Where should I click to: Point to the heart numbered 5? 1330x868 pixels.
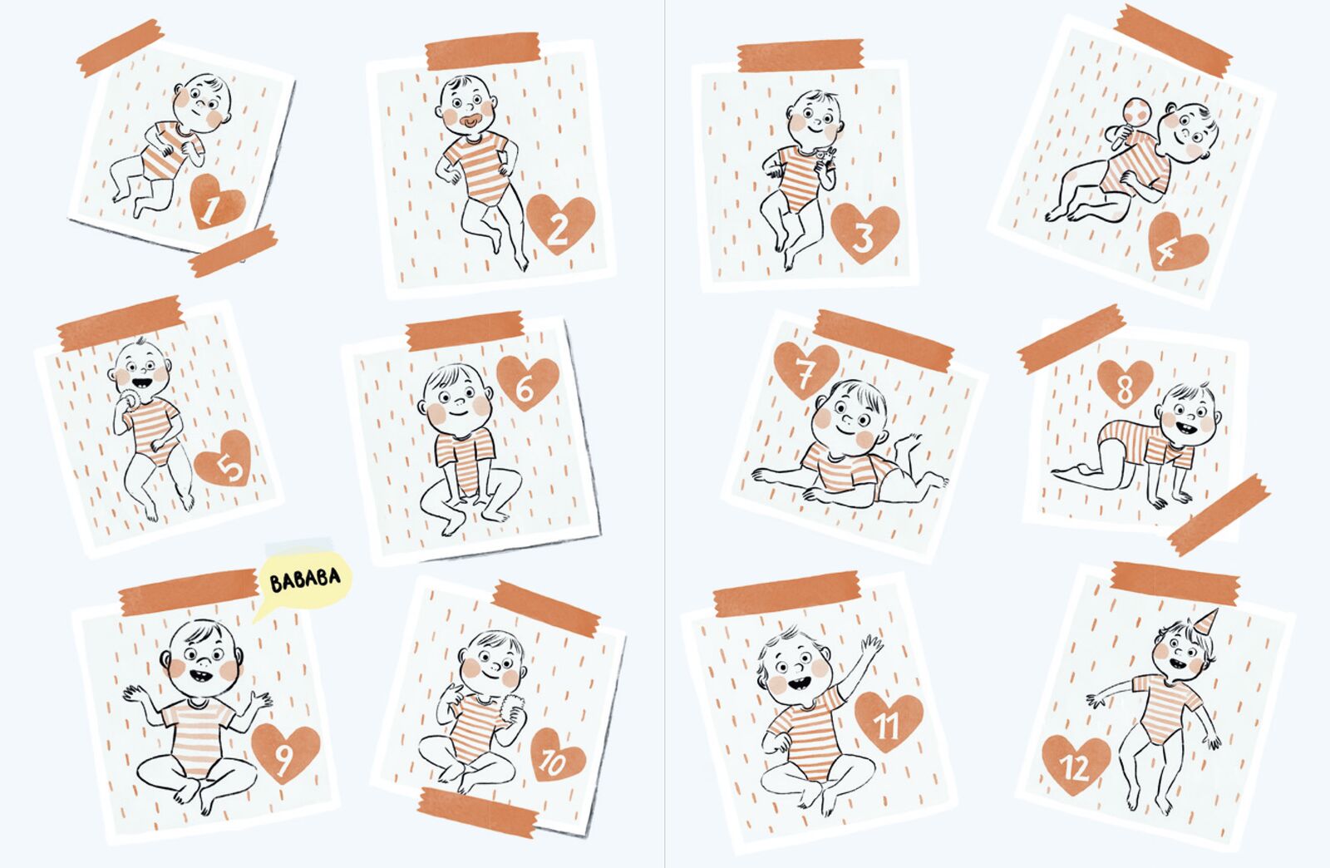point(224,458)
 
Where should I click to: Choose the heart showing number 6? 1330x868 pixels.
point(527,383)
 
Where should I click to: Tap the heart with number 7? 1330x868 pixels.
point(806,369)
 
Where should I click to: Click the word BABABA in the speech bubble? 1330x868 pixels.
point(305,579)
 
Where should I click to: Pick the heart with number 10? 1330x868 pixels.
point(557,755)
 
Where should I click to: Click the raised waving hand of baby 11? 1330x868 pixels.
point(871,646)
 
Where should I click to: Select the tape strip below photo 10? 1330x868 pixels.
point(477,811)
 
